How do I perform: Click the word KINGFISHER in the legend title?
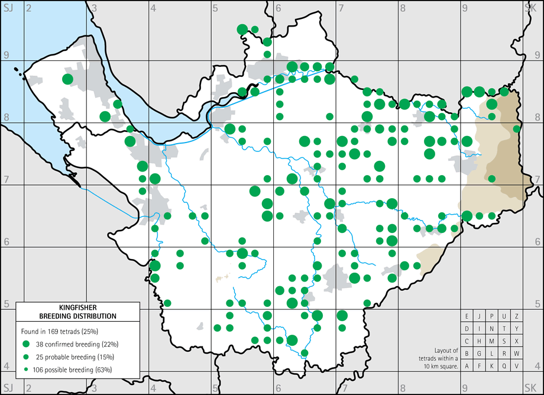click(77, 307)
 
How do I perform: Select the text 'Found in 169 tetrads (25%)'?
click(64, 330)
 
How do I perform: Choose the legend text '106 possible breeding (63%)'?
click(74, 370)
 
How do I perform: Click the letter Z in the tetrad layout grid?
click(517, 316)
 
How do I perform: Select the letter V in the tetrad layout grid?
click(517, 366)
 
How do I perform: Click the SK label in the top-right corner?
click(530, 8)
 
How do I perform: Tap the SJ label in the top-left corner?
click(8, 8)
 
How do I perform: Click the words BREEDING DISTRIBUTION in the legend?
click(77, 316)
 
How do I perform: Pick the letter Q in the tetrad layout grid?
click(504, 366)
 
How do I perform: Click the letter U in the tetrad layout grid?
click(504, 316)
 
